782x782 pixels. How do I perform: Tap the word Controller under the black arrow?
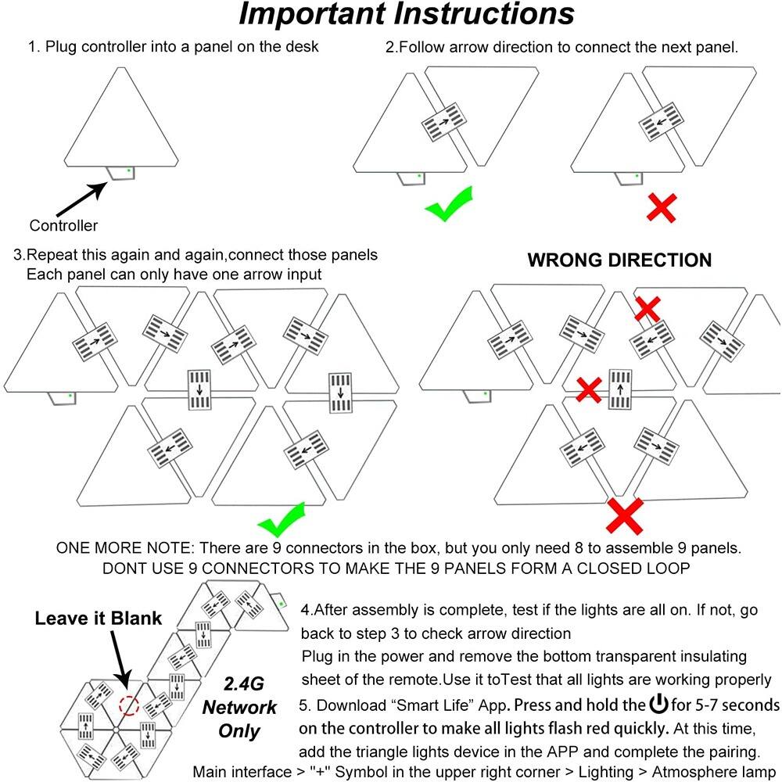tap(64, 226)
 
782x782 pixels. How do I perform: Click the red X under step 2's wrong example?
tap(662, 207)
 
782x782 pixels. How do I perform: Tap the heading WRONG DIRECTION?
tap(619, 260)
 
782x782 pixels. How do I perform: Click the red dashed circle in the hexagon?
tap(128, 706)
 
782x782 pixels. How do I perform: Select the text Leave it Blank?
tap(98, 619)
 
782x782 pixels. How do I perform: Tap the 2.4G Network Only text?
tap(240, 708)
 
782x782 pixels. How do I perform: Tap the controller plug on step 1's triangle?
tap(120, 172)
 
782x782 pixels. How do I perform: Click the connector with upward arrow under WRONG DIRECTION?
tap(620, 389)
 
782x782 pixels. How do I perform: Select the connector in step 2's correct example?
tap(443, 122)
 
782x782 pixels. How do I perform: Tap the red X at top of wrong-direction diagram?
tap(647, 309)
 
